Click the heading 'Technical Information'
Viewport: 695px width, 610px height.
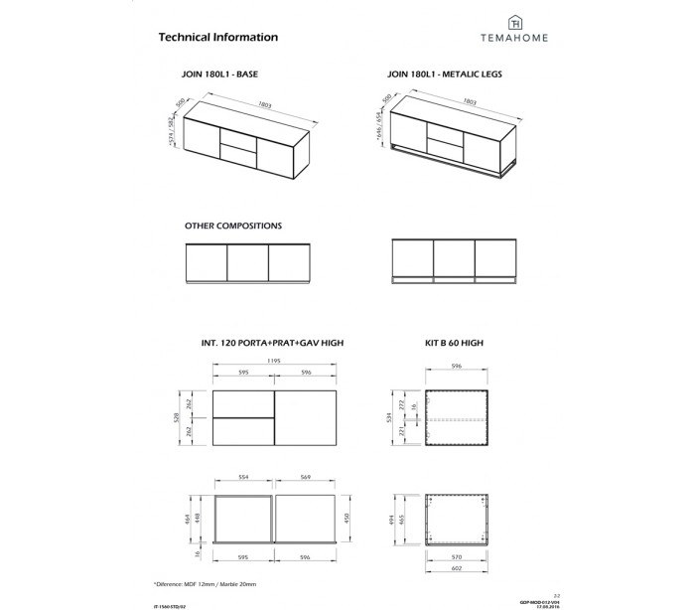217,37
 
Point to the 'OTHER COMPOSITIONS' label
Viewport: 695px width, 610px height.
233,227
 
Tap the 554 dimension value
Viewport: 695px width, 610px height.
242,476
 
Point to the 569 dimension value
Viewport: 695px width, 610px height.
307,476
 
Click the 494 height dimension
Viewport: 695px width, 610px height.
393,518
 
